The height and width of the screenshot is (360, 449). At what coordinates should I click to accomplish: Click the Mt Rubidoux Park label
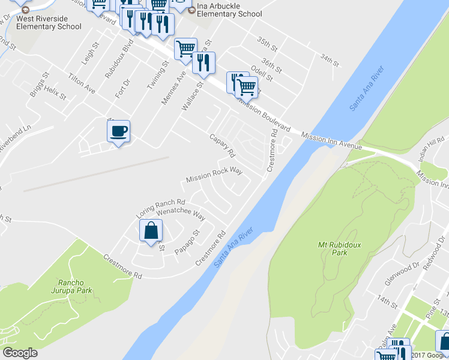pyautogui.click(x=333, y=248)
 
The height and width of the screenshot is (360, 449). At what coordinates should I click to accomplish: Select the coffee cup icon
pyautogui.click(x=119, y=130)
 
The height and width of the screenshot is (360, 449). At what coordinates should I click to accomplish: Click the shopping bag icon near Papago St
pyautogui.click(x=151, y=230)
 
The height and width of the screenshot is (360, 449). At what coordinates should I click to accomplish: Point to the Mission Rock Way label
pyautogui.click(x=214, y=175)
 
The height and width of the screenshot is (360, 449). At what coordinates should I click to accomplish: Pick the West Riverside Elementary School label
pyautogui.click(x=49, y=22)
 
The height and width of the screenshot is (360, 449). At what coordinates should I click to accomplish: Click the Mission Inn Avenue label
pyautogui.click(x=331, y=142)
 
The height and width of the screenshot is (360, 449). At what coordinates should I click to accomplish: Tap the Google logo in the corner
pyautogui.click(x=20, y=353)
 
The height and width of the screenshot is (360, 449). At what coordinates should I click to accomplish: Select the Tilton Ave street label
pyautogui.click(x=82, y=83)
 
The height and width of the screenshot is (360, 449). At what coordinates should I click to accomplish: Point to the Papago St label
pyautogui.click(x=187, y=241)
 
